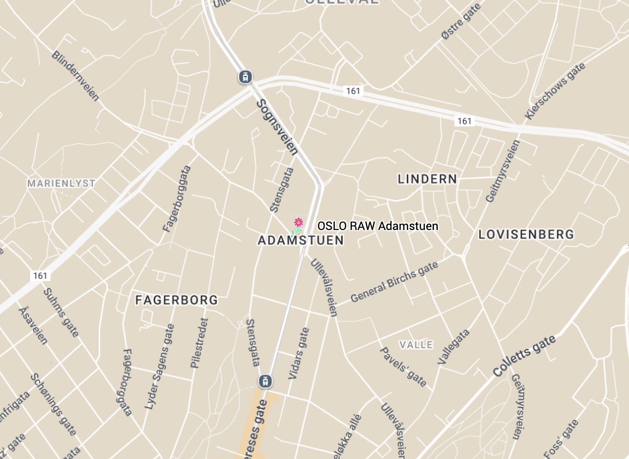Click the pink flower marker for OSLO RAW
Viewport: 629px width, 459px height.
click(298, 223)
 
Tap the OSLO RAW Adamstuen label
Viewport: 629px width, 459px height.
click(378, 226)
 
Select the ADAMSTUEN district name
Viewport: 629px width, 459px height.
click(300, 240)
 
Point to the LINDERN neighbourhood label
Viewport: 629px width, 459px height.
click(427, 179)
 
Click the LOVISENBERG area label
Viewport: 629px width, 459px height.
click(526, 234)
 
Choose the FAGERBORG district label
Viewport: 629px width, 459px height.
click(176, 300)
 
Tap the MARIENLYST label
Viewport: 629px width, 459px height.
click(61, 183)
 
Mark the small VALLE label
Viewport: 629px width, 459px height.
click(416, 345)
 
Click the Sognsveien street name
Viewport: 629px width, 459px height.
click(277, 127)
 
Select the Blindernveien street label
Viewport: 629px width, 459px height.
click(75, 76)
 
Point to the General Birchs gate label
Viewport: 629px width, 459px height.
click(394, 282)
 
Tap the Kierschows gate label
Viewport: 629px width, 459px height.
click(555, 91)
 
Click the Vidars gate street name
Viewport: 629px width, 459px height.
click(298, 353)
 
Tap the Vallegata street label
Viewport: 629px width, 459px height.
click(454, 347)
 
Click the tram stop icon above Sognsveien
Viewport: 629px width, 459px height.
click(245, 77)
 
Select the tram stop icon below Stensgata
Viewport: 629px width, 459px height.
click(265, 381)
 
